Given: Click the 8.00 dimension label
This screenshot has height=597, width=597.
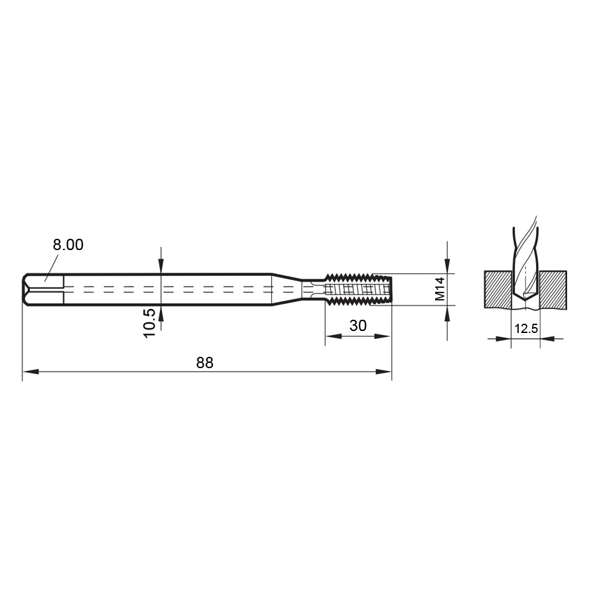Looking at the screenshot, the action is pyautogui.click(x=68, y=245).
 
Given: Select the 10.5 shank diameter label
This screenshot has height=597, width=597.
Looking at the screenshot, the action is pyautogui.click(x=150, y=322).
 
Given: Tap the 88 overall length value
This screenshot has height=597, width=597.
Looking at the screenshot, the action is pyautogui.click(x=205, y=363).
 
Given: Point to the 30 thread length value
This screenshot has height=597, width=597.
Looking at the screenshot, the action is pyautogui.click(x=358, y=326).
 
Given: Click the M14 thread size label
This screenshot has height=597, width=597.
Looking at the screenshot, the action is pyautogui.click(x=440, y=289).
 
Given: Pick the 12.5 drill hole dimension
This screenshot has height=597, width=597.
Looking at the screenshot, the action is pyautogui.click(x=526, y=328).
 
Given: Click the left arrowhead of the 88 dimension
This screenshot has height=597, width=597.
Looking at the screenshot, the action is pyautogui.click(x=31, y=371).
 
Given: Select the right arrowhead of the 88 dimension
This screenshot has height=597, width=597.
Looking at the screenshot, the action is pyautogui.click(x=383, y=371).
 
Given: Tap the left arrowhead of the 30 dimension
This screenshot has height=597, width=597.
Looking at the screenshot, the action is pyautogui.click(x=333, y=336).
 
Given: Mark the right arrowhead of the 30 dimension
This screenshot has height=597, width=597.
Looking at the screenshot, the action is pyautogui.click(x=382, y=336).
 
